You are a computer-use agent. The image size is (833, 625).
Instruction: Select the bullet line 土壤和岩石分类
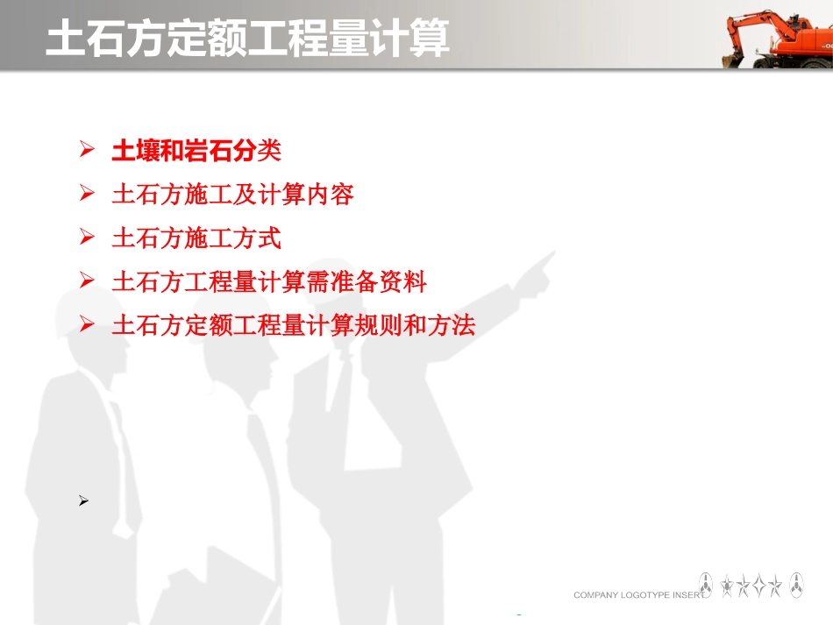click(196, 151)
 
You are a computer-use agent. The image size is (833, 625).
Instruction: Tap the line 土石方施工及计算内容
click(232, 194)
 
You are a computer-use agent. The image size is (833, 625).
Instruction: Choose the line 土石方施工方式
click(196, 238)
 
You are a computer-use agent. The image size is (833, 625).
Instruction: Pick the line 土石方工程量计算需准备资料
click(269, 281)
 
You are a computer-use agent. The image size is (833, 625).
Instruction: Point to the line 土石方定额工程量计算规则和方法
click(293, 325)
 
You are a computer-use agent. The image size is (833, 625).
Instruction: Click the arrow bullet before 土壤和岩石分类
click(86, 151)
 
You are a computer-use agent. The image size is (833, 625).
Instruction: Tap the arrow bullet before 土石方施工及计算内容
click(86, 194)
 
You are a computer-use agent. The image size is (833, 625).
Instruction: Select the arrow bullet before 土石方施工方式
click(86, 238)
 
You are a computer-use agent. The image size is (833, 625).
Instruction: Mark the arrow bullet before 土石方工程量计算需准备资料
click(86, 281)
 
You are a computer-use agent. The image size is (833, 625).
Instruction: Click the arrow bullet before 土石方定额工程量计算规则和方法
click(86, 325)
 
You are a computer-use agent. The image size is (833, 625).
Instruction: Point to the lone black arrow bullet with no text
click(84, 501)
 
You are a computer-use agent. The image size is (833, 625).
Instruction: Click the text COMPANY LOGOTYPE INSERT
click(638, 595)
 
